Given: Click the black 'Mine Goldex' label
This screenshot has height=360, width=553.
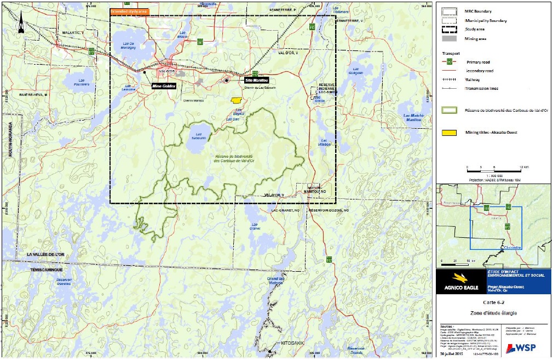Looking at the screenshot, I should [164, 86].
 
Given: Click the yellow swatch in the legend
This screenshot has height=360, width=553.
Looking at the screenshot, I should [450, 132].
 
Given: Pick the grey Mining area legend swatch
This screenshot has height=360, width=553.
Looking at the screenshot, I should [450, 39].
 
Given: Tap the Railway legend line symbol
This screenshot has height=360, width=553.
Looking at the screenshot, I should [450, 79].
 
